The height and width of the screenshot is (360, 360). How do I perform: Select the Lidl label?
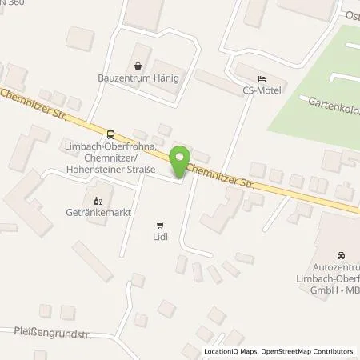coord(160,238)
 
